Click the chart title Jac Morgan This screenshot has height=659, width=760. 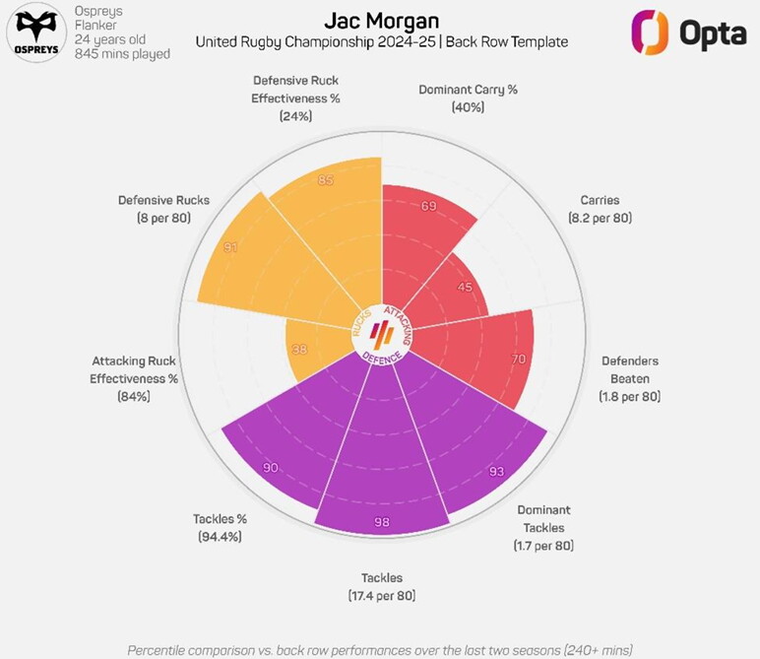(381, 21)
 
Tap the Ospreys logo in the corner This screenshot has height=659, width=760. (34, 33)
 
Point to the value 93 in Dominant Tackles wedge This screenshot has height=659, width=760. (496, 472)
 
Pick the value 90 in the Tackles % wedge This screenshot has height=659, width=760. (269, 468)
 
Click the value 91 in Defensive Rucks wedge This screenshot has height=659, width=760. (230, 247)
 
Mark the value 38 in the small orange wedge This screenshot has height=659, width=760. (299, 349)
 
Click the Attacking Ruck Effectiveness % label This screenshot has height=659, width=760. (134, 378)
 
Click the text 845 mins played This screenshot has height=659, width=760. (122, 54)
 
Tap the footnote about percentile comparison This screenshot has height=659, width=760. (380, 650)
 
